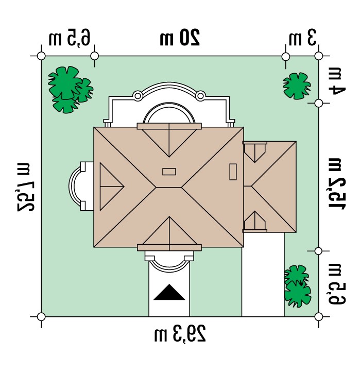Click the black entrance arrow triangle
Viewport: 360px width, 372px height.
pyautogui.click(x=169, y=293)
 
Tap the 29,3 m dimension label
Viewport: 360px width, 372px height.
pyautogui.click(x=180, y=333)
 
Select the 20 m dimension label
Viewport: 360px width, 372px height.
pyautogui.click(x=180, y=37)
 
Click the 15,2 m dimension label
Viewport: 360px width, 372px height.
pyautogui.click(x=337, y=183)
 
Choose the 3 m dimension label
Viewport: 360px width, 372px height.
pyautogui.click(x=303, y=37)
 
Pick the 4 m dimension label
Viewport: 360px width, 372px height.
pyautogui.click(x=336, y=81)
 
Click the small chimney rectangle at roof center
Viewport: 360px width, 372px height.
pyautogui.click(x=169, y=172)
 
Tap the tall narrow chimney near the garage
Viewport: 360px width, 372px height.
pyautogui.click(x=233, y=172)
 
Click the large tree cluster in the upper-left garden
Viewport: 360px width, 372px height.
pyautogui.click(x=70, y=90)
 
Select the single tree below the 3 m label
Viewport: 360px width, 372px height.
pyautogui.click(x=297, y=86)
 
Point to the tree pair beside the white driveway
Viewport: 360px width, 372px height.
pyautogui.click(x=297, y=286)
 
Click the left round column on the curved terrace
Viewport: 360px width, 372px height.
pyautogui.click(x=138, y=96)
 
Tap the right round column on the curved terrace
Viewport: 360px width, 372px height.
pyautogui.click(x=200, y=96)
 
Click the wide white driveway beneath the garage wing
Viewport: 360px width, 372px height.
pyautogui.click(x=263, y=275)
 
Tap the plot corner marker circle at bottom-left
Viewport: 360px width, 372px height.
pyautogui.click(x=41, y=317)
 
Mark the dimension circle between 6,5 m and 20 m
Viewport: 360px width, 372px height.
pyautogui.click(x=95, y=56)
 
